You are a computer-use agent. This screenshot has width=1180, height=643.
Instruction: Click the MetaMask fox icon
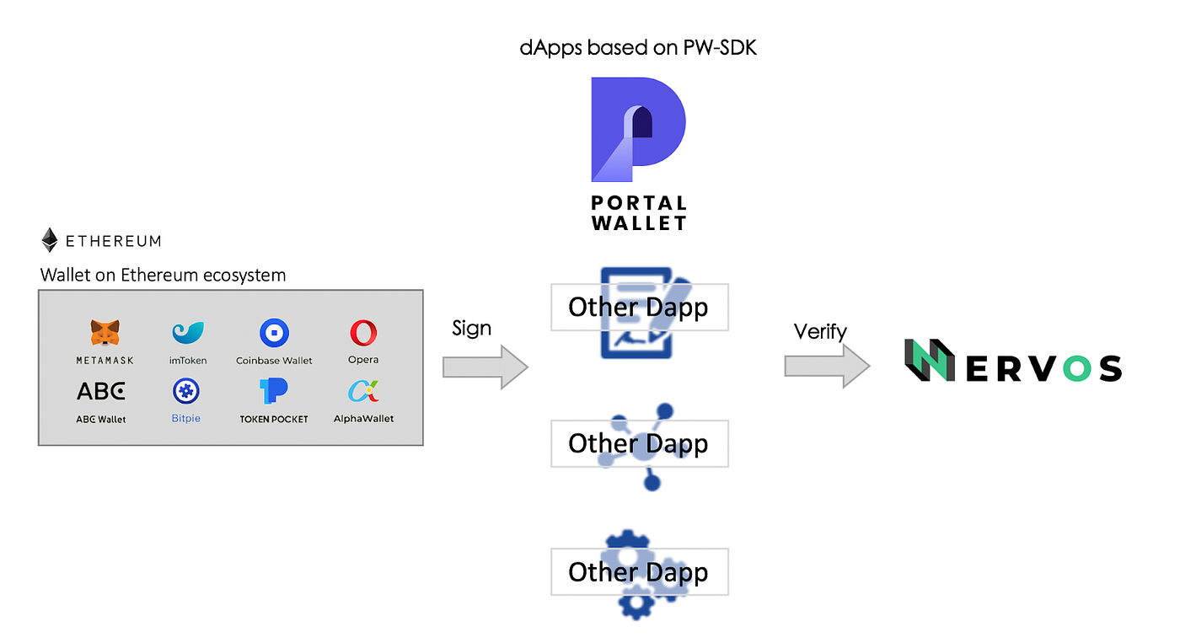[x=105, y=333]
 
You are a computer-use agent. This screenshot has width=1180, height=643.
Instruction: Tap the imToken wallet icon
[x=186, y=334]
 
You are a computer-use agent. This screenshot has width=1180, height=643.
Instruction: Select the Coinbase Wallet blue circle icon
[x=274, y=334]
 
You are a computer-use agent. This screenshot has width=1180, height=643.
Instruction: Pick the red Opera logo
[x=363, y=334]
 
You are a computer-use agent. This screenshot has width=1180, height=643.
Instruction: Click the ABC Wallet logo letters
[x=101, y=391]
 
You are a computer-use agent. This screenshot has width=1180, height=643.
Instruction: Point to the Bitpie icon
[x=185, y=391]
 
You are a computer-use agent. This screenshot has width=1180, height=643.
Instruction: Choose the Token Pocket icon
[x=274, y=390]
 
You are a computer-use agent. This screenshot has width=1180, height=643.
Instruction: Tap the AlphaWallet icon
[x=363, y=391]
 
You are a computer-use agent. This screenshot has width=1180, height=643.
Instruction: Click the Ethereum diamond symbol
[x=51, y=240]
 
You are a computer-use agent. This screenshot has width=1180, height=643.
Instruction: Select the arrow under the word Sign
[x=485, y=367]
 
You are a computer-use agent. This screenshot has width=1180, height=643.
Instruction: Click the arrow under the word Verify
[x=827, y=367]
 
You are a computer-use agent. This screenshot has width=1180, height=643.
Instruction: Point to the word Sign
[x=471, y=328]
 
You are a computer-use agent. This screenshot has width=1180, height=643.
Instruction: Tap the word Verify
[x=819, y=332]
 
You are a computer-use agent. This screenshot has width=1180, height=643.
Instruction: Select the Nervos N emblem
[x=929, y=361]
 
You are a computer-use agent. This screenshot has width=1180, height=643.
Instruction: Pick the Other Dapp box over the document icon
[x=639, y=308]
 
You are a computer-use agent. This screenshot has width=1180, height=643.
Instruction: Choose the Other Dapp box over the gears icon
[x=639, y=572]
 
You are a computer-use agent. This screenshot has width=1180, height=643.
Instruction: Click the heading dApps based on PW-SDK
[x=638, y=47]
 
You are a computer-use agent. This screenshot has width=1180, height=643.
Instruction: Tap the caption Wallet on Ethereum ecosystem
[x=163, y=275]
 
